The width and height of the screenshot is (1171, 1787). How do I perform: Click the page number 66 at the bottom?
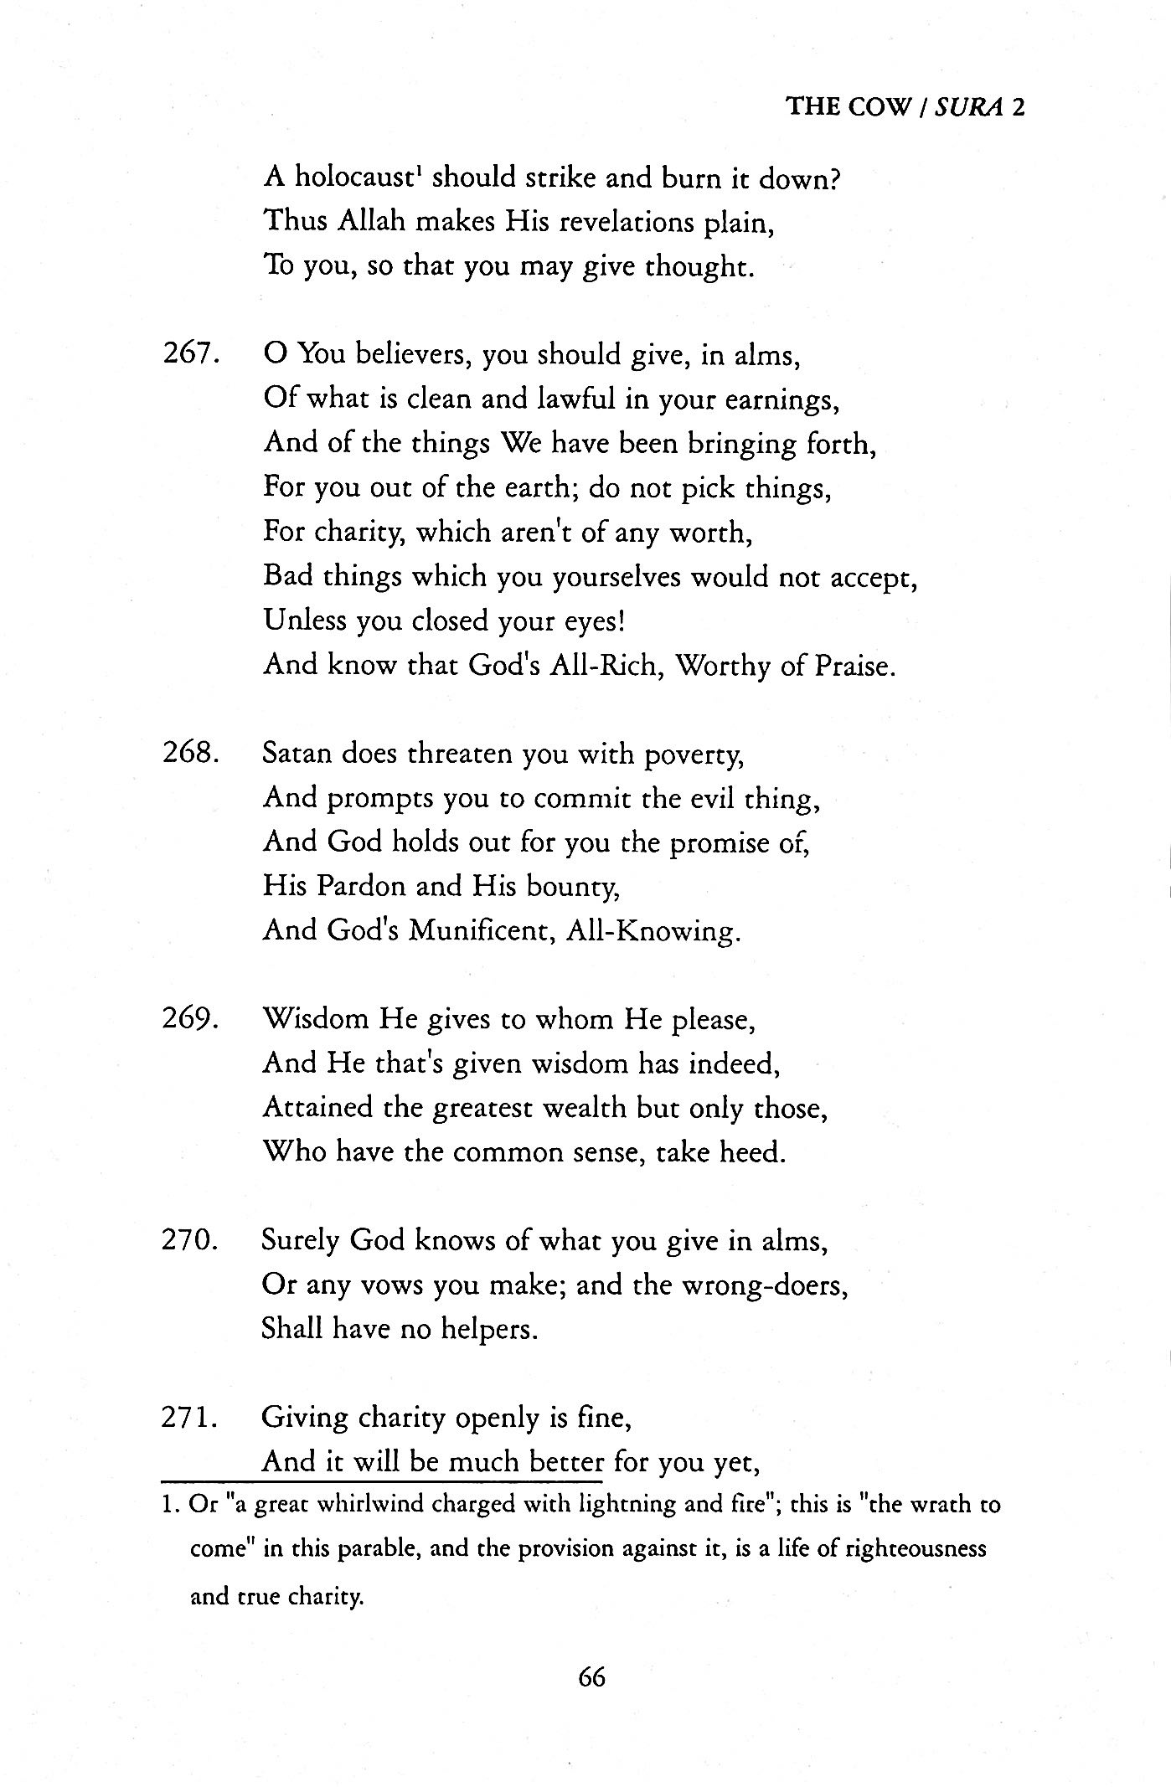591,1677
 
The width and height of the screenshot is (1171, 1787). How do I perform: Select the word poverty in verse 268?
694,755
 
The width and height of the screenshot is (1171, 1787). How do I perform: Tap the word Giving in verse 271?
304,1418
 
